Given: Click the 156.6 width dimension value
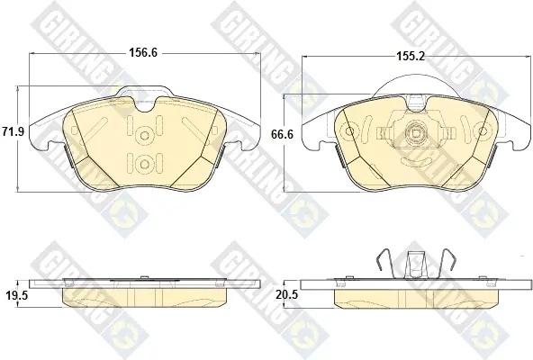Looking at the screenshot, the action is coord(143,53).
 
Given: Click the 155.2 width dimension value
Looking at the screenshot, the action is coord(411,57).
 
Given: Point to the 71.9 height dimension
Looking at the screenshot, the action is coord(13,131).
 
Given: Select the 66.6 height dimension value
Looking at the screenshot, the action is coord(282,134).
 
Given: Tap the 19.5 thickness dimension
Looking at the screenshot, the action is coord(16,295).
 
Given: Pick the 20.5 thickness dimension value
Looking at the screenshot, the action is coord(287,294).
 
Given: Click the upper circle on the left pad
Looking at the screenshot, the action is coord(144,136).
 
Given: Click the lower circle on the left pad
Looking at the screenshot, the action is coord(144,164).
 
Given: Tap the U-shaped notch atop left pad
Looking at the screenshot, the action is coord(146,104).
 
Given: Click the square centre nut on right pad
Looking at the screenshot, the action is coord(416,133).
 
